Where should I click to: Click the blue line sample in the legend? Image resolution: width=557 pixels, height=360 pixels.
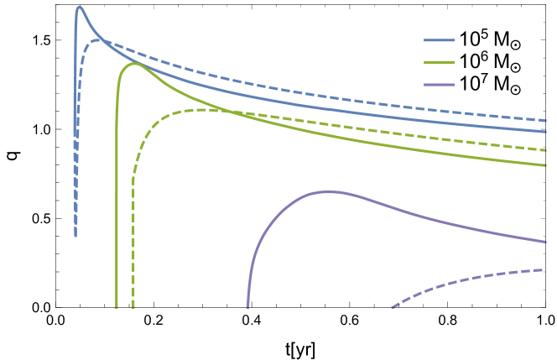(x=440, y=40)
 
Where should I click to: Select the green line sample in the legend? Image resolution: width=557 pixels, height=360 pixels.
(x=440, y=62)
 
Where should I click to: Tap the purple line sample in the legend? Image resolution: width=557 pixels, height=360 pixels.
(x=440, y=85)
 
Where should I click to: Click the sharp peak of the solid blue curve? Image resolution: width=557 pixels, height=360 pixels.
(x=79, y=8)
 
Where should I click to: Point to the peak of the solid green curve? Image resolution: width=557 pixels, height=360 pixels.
(x=134, y=63)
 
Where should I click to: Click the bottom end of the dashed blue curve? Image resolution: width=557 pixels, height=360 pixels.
(x=75, y=236)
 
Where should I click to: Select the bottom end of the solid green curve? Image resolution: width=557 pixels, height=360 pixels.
(x=117, y=307)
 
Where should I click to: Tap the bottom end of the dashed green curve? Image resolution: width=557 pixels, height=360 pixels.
(x=133, y=307)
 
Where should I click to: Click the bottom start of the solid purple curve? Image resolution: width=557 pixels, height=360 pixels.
(x=247, y=307)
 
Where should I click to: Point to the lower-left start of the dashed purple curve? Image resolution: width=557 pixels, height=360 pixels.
(x=392, y=308)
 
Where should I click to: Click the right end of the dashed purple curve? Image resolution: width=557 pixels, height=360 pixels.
(x=546, y=269)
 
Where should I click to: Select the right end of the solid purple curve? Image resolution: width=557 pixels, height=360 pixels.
(x=546, y=242)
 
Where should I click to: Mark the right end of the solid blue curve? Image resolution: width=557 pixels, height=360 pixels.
(x=546, y=131)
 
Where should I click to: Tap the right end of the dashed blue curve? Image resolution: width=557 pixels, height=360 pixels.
(x=546, y=121)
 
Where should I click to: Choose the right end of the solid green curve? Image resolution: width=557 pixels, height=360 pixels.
(x=546, y=164)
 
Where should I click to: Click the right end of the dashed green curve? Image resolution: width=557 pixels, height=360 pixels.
(x=546, y=150)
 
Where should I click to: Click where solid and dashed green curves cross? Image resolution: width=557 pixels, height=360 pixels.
(x=220, y=110)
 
